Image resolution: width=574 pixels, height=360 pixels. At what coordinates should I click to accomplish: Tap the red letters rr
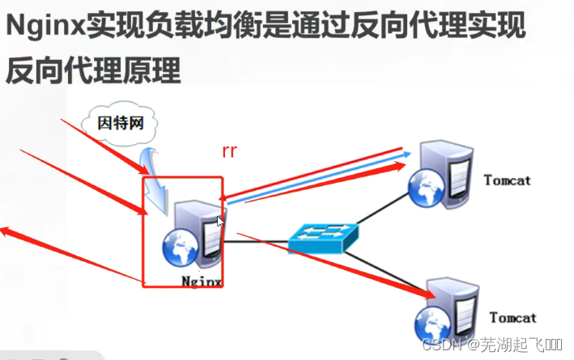pyautogui.click(x=229, y=151)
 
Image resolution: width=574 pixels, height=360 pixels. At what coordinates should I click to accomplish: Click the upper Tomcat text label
pyautogui.click(x=507, y=180)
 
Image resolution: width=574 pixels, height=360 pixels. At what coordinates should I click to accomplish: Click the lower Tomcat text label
pyautogui.click(x=512, y=318)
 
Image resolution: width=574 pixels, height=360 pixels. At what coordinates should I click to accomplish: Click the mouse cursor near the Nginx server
pyautogui.click(x=220, y=222)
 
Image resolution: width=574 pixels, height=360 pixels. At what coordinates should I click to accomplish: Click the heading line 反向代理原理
pyautogui.click(x=92, y=72)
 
